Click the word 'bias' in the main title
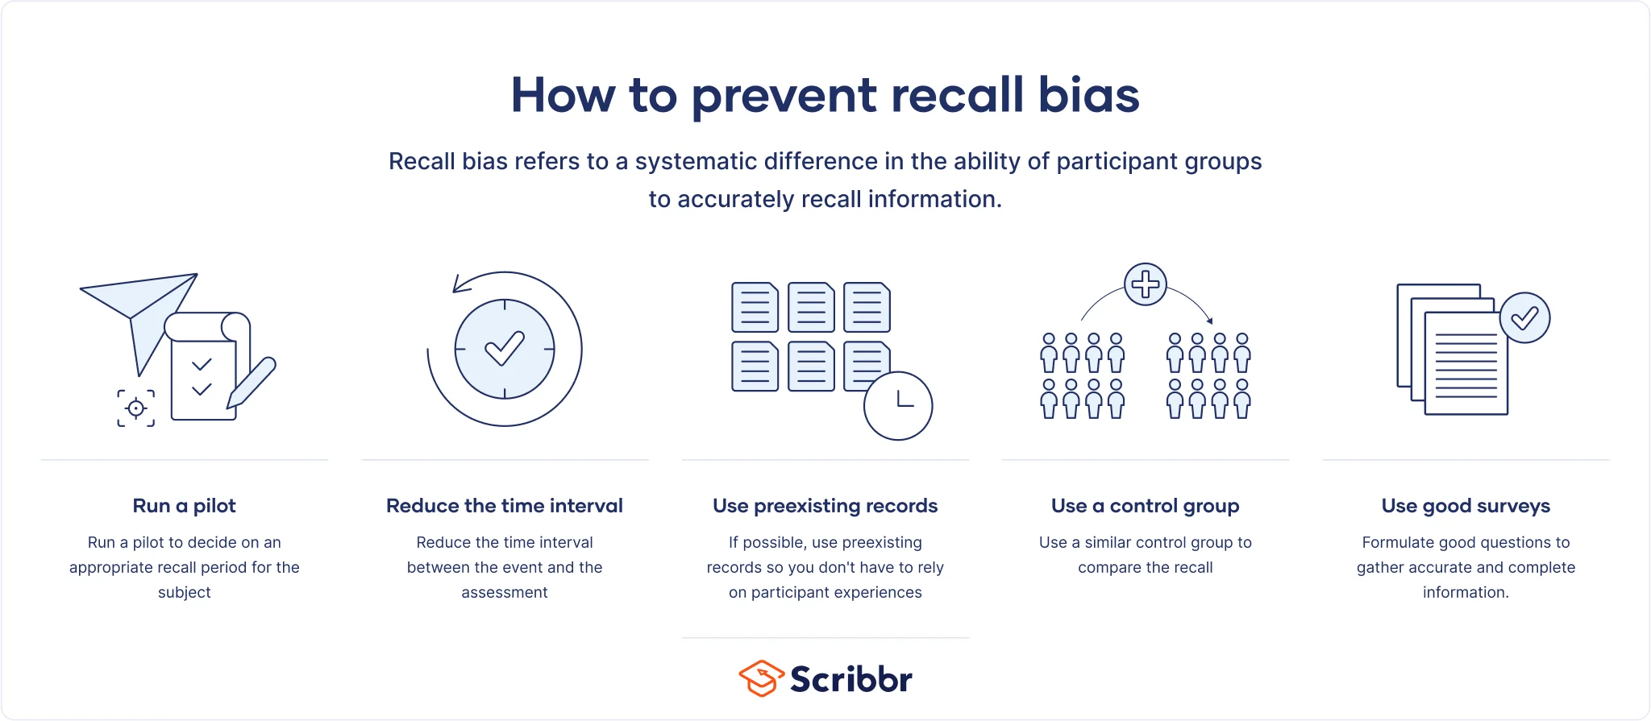(x=1088, y=94)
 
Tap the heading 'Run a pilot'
(x=185, y=506)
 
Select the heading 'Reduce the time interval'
(x=505, y=506)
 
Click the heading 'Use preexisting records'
(x=825, y=506)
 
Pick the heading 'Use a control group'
(x=1146, y=506)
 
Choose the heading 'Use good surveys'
(x=1466, y=506)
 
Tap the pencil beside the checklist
(x=252, y=383)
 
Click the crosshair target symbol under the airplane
(x=136, y=408)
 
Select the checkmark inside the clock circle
(x=505, y=348)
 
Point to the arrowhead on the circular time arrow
(x=460, y=284)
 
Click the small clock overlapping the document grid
(x=898, y=405)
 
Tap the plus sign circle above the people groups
(x=1146, y=284)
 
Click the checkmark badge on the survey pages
(x=1524, y=317)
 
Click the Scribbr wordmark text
(x=851, y=679)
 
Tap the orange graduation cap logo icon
(x=761, y=678)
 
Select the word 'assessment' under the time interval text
(x=505, y=592)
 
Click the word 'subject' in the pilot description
(x=185, y=592)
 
